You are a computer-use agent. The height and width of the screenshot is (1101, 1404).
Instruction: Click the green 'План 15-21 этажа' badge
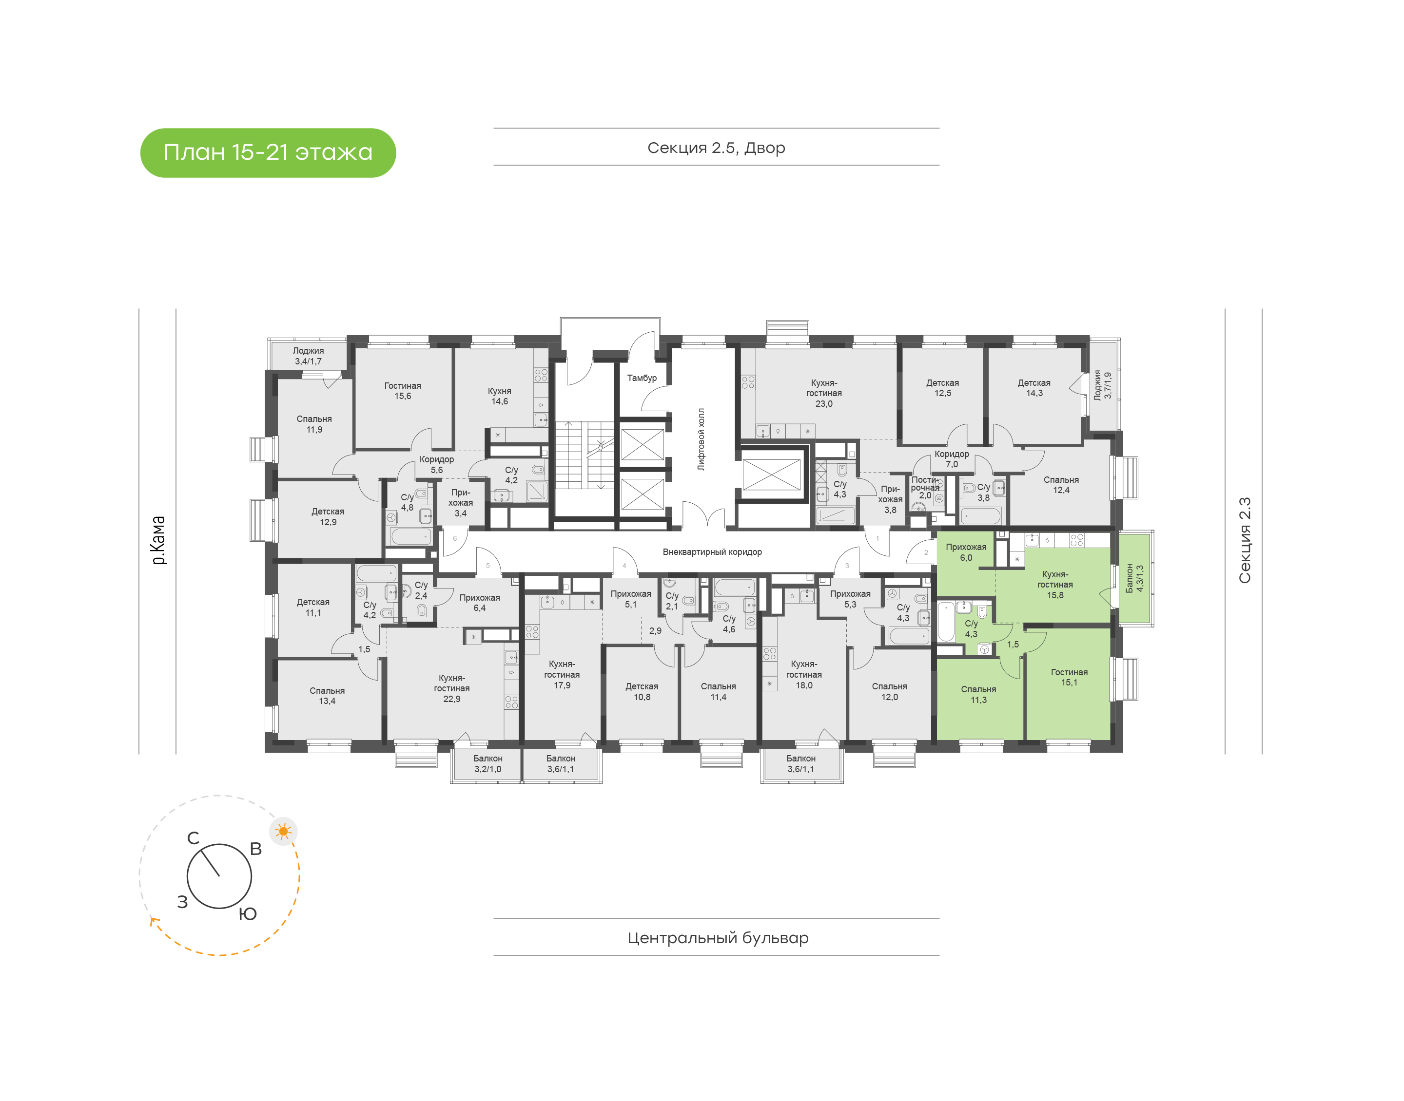click(268, 153)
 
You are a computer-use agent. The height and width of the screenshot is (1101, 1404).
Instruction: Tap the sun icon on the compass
click(283, 832)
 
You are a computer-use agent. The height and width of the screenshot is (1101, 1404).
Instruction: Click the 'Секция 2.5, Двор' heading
click(716, 148)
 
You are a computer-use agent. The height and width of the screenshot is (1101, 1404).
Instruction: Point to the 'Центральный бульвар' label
click(718, 938)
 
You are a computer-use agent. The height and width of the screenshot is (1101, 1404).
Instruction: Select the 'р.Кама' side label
click(158, 540)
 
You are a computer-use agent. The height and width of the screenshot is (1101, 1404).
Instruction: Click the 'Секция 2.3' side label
click(1244, 540)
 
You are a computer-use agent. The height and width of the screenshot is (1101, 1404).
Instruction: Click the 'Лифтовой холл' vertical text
click(701, 439)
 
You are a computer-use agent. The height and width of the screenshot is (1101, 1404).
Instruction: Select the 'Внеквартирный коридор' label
click(712, 552)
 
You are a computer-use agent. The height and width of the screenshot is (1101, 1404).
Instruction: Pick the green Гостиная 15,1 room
click(1069, 683)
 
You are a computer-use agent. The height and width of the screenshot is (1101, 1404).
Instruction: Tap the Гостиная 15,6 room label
click(403, 391)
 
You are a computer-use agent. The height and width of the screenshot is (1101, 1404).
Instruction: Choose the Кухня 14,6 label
click(499, 396)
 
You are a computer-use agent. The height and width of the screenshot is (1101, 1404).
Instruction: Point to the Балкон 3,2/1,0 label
click(487, 764)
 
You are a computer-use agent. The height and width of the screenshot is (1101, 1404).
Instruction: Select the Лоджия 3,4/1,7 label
click(308, 356)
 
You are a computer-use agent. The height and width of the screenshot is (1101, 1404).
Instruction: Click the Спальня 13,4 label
click(327, 696)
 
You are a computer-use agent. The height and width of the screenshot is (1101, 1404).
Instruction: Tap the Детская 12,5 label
click(942, 388)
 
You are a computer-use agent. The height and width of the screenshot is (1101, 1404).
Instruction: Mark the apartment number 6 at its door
click(455, 538)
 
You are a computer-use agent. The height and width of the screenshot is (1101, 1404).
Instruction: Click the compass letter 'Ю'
click(248, 914)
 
